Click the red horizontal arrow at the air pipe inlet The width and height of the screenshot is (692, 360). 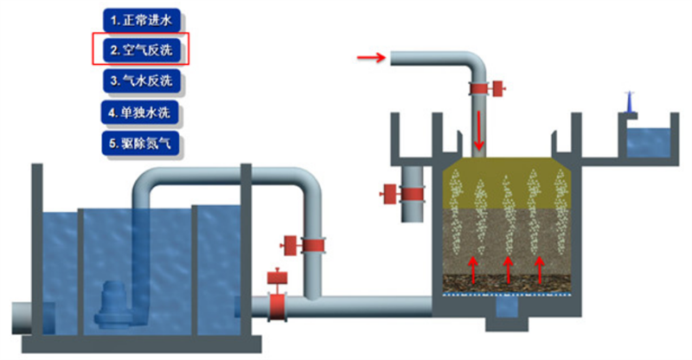[x=371, y=58]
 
